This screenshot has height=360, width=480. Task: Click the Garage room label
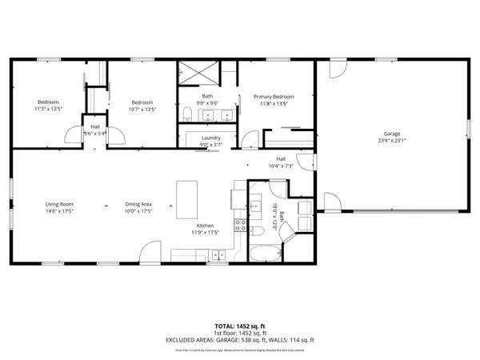(391, 134)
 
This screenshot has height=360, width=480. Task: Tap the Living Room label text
(59, 204)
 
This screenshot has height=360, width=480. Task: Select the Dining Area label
(138, 204)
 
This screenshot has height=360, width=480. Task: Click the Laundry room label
(210, 138)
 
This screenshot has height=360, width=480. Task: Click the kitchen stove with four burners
(238, 226)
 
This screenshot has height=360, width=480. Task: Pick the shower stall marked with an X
(196, 71)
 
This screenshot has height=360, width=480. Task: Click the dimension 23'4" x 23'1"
(391, 141)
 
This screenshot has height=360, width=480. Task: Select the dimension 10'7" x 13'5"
(142, 109)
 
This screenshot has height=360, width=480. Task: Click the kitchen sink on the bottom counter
(218, 256)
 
